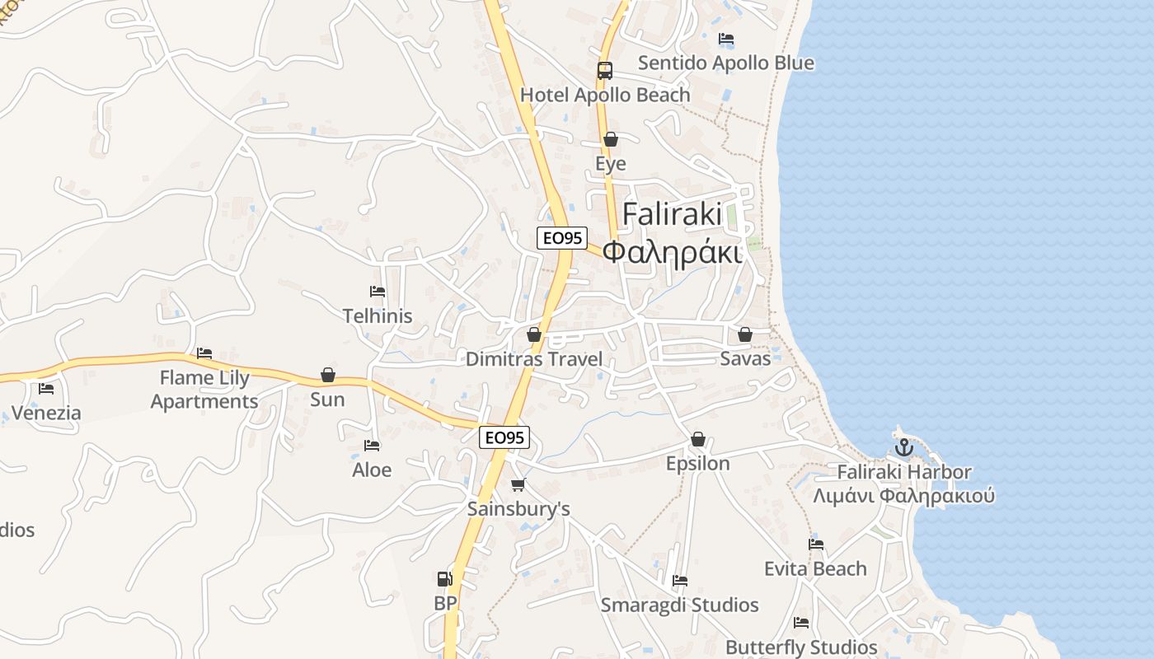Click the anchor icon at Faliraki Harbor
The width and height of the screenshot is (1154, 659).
904,448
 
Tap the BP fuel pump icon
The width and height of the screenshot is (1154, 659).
445,579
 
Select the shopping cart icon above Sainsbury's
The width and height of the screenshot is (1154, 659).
518,484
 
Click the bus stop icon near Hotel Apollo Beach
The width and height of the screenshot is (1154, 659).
605,71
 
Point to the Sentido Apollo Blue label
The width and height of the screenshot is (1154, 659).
725,63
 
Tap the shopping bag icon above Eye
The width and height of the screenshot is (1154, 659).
611,139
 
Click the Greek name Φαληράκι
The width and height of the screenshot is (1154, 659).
672,251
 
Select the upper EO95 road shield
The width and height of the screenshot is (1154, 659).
561,238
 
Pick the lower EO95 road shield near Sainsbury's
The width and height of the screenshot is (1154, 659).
504,437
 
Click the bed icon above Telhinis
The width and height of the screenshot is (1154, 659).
378,292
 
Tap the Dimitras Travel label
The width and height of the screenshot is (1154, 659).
534,359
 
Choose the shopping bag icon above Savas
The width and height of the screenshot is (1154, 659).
745,334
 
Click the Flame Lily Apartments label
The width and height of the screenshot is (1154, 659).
204,390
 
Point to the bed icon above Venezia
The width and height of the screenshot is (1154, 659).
46,389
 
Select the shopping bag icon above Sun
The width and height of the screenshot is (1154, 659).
328,376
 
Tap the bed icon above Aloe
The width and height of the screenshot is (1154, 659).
372,446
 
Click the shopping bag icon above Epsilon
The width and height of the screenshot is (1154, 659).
698,439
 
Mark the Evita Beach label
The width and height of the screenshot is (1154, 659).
815,568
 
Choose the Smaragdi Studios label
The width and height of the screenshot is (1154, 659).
679,605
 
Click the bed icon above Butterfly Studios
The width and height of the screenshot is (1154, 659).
801,623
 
